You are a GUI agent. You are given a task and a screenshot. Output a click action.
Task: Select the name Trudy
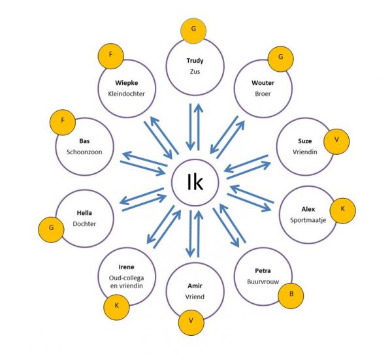195,61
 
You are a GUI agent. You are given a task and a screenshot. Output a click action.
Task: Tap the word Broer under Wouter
263,93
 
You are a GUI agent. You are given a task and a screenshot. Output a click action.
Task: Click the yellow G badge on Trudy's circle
193,30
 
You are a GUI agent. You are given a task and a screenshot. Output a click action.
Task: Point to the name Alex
308,209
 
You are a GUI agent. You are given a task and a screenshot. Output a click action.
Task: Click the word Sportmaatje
308,220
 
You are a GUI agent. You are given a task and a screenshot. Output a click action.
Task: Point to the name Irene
127,268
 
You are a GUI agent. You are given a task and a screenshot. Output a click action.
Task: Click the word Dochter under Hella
85,223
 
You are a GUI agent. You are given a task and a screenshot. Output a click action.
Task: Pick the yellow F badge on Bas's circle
62,121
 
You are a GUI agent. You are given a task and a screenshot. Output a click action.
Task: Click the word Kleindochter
126,93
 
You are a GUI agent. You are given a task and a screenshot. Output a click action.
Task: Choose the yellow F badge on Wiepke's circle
111,55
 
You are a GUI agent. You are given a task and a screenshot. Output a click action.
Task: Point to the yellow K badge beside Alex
342,210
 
